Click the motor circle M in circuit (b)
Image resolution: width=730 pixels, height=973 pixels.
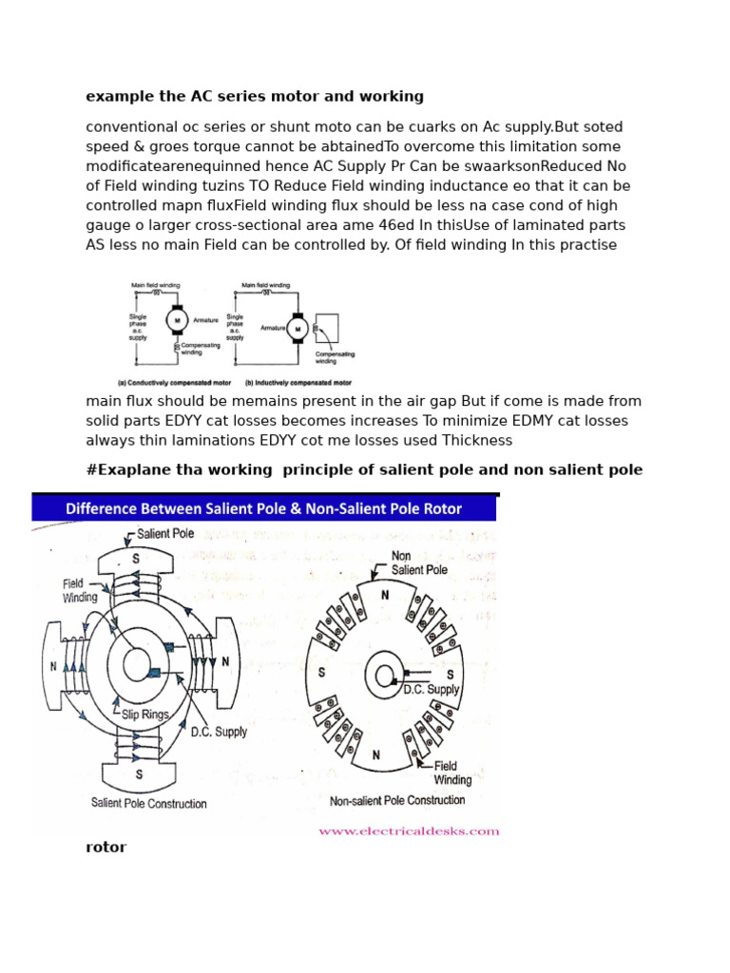point(298,329)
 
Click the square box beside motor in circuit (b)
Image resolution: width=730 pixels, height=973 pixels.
point(326,328)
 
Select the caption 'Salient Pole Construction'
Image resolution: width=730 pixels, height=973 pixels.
point(148,803)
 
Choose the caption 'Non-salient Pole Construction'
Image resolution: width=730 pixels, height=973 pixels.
point(397,801)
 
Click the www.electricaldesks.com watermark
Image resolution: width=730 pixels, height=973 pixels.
point(409,831)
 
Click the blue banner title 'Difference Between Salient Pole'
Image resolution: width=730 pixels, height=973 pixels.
point(263,508)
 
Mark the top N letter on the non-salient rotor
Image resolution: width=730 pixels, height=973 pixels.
point(385,595)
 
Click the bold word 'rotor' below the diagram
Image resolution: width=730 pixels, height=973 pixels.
point(106,848)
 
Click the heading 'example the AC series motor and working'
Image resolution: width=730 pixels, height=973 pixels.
point(255,96)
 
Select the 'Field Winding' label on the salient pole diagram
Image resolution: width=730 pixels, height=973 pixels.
point(80,590)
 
